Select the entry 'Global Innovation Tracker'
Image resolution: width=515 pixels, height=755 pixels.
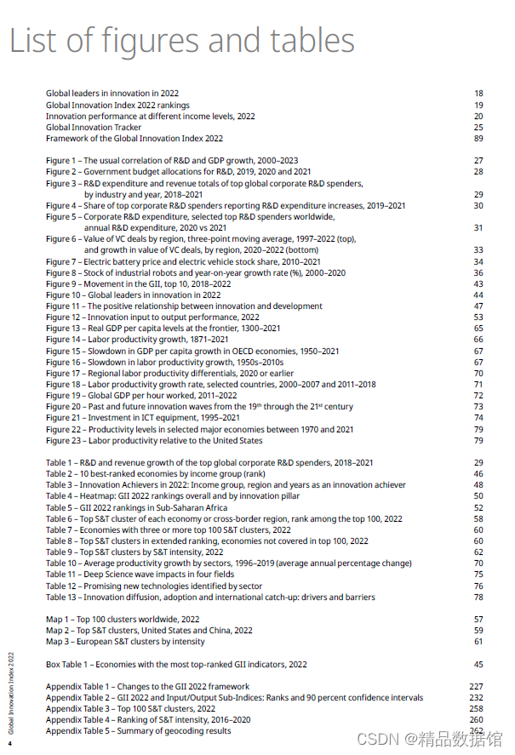point(94,128)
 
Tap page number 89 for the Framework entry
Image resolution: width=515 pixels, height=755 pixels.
point(478,139)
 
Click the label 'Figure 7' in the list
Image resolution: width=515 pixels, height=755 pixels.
point(62,262)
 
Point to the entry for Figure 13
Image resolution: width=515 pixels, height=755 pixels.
point(163,329)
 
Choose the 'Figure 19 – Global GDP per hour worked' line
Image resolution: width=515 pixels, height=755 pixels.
point(141,396)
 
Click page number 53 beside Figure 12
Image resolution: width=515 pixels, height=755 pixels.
point(478,317)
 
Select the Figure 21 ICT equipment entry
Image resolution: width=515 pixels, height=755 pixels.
point(143,418)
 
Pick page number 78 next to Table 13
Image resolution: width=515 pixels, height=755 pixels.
point(478,598)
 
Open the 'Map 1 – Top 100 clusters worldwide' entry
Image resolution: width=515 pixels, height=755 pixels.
point(123,620)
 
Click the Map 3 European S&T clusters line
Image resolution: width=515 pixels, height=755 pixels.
point(125,642)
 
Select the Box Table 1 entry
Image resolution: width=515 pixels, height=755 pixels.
point(176,664)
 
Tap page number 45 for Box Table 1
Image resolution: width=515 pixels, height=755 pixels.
point(478,664)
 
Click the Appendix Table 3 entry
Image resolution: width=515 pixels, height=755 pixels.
point(130,708)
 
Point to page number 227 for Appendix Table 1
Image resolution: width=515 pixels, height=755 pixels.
point(476,686)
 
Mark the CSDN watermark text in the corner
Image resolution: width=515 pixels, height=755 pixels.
point(442,739)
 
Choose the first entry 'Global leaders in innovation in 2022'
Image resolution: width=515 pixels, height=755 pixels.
point(112,94)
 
